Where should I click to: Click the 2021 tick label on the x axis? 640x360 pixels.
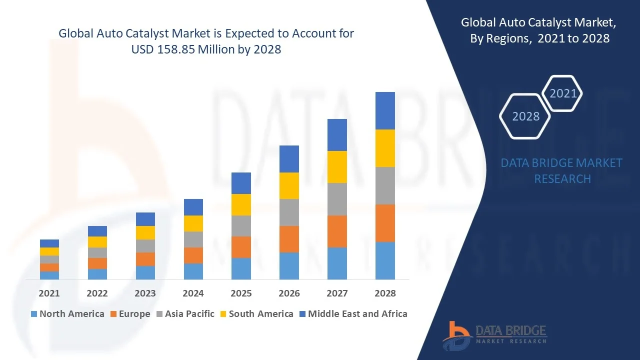click(49, 293)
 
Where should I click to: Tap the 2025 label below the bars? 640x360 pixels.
click(241, 293)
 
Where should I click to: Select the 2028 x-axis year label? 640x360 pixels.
click(385, 293)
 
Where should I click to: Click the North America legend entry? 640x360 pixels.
click(67, 314)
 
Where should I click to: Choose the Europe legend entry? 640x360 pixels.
click(129, 314)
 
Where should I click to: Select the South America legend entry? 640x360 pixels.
click(256, 314)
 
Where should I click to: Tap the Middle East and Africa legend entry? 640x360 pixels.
click(353, 314)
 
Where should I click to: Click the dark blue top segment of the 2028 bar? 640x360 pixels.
click(385, 110)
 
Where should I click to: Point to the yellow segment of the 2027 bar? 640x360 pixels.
click(337, 167)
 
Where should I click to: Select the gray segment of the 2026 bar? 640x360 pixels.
click(289, 212)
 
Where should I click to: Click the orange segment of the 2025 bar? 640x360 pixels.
click(241, 247)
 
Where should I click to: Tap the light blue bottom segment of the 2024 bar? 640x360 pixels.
click(193, 271)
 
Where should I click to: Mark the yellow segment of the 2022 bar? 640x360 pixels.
click(97, 242)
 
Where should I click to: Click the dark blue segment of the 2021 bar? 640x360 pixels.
click(49, 243)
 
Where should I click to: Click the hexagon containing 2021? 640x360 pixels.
click(562, 93)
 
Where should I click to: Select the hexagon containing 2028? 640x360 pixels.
click(525, 116)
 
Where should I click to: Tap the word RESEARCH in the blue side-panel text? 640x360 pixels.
click(562, 179)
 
